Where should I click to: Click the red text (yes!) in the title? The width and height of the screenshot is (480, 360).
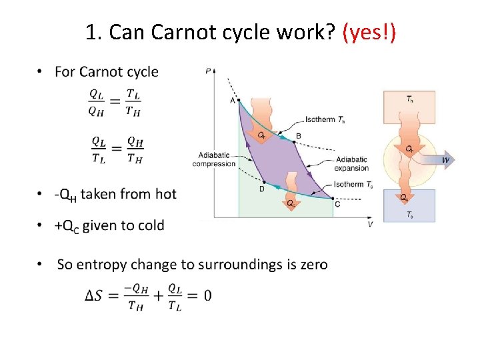[369, 31]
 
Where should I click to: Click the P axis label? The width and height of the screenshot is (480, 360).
[209, 69]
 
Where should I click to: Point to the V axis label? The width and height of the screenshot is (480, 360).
[370, 225]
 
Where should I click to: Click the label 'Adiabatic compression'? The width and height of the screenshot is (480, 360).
[213, 159]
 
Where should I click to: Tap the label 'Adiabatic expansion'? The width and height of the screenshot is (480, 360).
[352, 164]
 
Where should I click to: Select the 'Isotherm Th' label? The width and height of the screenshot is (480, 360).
[325, 120]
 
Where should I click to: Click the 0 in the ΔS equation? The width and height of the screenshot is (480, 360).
[207, 295]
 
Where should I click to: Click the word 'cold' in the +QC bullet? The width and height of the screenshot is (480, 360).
[151, 225]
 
